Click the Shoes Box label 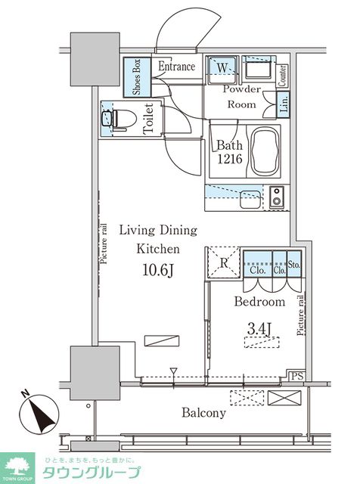[136, 77]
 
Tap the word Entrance [177, 66]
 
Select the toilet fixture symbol [119, 119]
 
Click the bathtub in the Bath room [265, 151]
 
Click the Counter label [282, 76]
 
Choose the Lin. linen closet [284, 104]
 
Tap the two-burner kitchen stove [276, 197]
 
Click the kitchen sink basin [250, 199]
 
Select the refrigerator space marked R [224, 262]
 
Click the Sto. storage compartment [294, 263]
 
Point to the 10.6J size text [158, 270]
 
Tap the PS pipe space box [297, 376]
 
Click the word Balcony [203, 413]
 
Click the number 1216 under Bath [230, 159]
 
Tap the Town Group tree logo [17, 467]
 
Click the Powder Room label [242, 97]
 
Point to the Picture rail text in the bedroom [300, 315]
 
